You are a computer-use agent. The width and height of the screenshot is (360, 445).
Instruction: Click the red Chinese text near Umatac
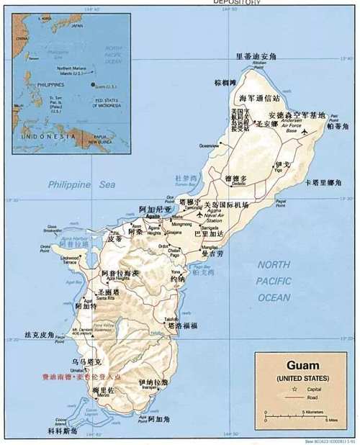(x=82, y=376)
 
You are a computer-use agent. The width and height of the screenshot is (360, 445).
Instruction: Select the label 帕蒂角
(x=338, y=126)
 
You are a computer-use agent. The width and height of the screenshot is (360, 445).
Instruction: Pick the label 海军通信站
(x=259, y=97)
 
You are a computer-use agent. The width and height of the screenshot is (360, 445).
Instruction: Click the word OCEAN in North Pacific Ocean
(x=274, y=297)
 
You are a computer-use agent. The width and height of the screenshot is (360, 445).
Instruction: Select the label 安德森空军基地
(x=297, y=114)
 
